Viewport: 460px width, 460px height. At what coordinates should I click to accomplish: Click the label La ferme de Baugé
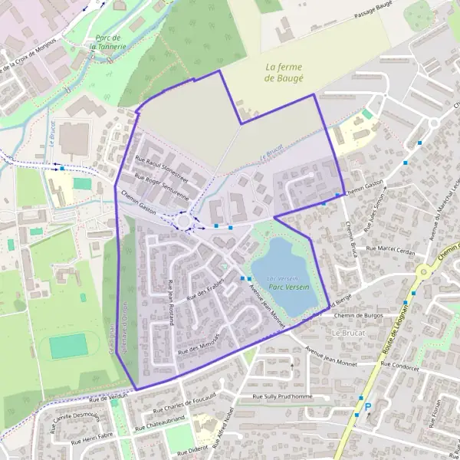coord(284,73)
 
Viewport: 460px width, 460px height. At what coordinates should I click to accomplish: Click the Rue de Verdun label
coord(109,397)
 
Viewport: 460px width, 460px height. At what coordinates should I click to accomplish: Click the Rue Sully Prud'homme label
coord(283,396)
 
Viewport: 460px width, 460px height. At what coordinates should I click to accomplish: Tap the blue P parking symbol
coord(367,407)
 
